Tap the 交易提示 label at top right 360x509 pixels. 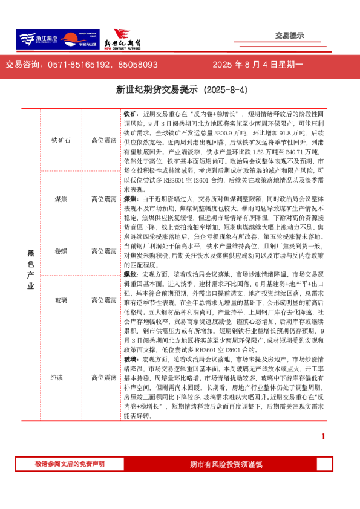coord(289,36)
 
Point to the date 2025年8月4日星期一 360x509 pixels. coord(258,64)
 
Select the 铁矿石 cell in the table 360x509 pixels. coord(61,140)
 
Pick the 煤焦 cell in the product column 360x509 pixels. coord(61,199)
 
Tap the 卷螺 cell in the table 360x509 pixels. coord(61,250)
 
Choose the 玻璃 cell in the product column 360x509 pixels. coord(61,300)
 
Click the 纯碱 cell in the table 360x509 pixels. coord(61,377)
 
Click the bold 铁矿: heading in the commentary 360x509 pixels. coord(131,114)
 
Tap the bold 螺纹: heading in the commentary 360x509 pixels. coord(131,274)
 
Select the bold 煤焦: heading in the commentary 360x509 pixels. coord(131,198)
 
